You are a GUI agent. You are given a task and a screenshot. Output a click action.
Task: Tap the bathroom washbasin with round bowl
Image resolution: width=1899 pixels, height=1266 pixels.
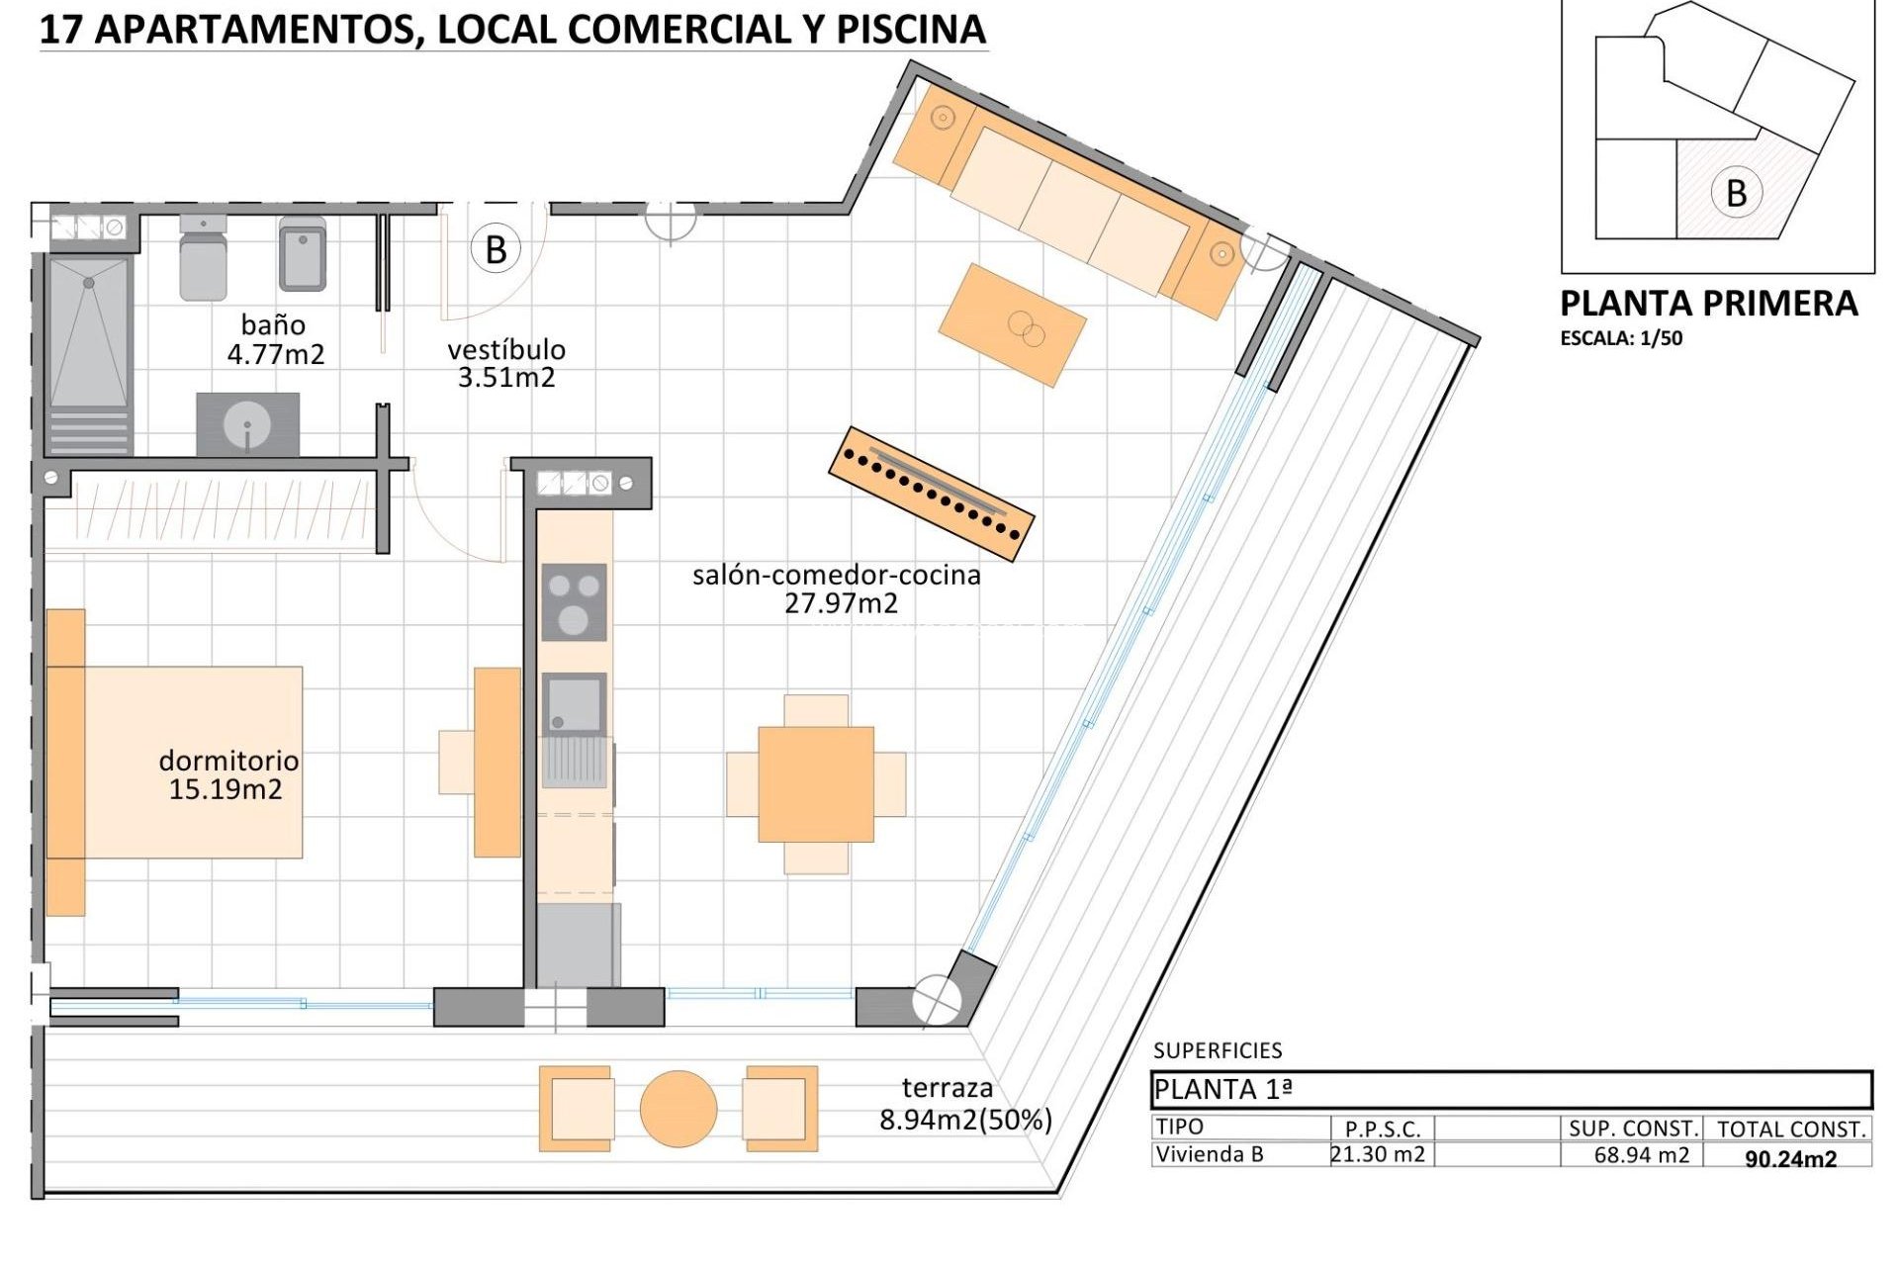tap(247, 425)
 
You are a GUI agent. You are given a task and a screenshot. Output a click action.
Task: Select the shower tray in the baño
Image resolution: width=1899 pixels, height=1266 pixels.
tap(89, 331)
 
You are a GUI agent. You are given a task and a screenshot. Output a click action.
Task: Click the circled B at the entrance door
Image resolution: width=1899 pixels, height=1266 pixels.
tap(496, 249)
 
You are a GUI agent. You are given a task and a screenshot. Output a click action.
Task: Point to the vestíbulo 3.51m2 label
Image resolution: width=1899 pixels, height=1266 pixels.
tap(506, 363)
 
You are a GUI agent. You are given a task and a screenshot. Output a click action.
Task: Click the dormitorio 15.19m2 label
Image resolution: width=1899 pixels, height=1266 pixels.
tap(227, 774)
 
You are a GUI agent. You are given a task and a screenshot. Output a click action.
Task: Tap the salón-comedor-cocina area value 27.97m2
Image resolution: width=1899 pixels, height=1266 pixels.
tap(841, 603)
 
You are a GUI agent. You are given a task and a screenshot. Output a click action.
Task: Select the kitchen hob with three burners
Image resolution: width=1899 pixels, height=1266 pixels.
tap(574, 602)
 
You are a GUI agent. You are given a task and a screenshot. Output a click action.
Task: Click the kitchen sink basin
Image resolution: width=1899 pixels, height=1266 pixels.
tap(574, 704)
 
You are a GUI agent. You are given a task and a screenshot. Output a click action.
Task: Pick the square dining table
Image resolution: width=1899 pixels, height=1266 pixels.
tap(816, 784)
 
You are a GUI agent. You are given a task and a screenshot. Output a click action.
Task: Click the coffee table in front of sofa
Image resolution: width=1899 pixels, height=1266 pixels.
tap(1012, 324)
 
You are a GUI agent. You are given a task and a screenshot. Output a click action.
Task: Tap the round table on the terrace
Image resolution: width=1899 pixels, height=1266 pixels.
tap(678, 1109)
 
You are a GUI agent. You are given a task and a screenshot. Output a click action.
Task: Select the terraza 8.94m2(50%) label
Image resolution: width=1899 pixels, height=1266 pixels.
tap(964, 1104)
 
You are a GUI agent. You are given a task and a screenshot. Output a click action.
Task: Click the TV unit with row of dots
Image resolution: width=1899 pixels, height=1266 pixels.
tap(931, 494)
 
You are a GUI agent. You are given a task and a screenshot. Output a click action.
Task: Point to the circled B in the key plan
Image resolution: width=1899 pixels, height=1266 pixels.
tap(1736, 193)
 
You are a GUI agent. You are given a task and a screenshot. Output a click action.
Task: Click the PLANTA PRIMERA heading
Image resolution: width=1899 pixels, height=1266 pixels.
tap(1708, 304)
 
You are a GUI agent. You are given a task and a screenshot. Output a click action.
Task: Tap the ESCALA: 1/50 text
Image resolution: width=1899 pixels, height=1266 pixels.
tap(1621, 338)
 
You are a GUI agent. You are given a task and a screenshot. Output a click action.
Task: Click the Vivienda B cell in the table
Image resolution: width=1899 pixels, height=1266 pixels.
tap(1210, 1154)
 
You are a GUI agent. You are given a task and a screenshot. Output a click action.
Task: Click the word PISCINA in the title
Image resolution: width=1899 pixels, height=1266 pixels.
tap(911, 30)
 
